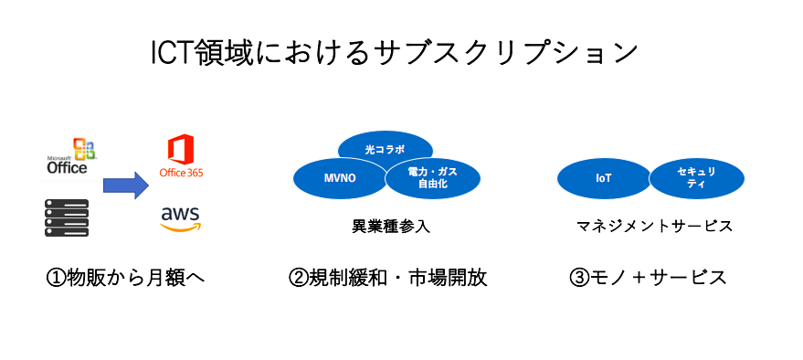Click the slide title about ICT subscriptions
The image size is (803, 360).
395,53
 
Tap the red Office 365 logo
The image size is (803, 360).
181,155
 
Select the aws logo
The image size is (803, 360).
181,218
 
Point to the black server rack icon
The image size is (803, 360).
67,217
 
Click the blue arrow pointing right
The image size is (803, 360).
126,185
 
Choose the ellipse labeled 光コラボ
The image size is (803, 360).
386,149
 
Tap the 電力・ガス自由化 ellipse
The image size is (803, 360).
433,177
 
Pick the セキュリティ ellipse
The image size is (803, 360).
696,178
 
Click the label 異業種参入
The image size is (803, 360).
391,227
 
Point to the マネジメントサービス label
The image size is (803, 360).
654,227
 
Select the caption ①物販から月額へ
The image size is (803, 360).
125,278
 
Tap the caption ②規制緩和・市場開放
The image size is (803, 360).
387,278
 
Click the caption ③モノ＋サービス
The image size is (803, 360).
648,278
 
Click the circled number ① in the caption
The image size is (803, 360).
56,279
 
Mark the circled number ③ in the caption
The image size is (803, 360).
578,279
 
